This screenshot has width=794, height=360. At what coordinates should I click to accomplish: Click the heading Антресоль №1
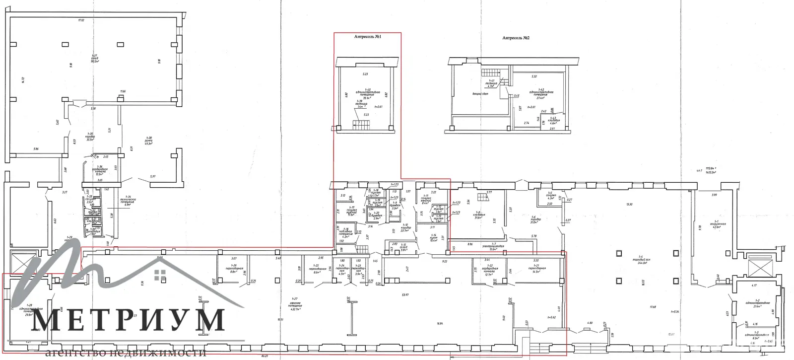[x=367, y=37]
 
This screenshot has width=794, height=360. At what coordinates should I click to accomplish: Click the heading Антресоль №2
[x=516, y=38]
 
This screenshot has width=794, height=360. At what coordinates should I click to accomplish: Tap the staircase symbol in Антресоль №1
[x=359, y=124]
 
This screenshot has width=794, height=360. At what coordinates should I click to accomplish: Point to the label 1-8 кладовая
[x=479, y=215]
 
